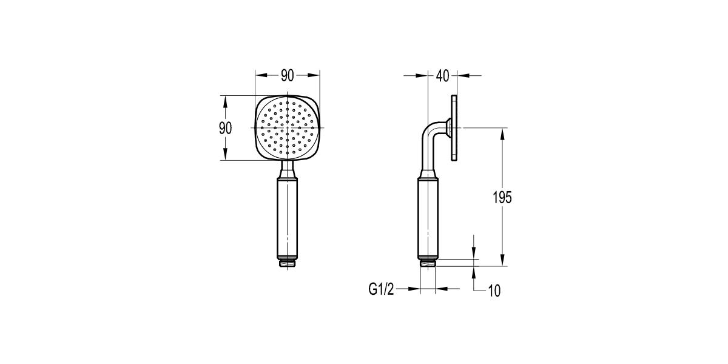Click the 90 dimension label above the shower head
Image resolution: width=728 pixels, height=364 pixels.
click(287, 76)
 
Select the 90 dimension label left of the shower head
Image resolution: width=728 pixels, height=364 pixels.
click(225, 128)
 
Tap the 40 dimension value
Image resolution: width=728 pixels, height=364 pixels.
click(442, 76)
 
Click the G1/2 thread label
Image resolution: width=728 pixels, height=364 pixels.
click(381, 290)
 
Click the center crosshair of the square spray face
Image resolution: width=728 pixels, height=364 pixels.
click(288, 128)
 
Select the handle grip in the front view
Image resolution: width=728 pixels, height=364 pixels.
click(288, 218)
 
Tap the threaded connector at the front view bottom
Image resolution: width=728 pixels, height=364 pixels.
click(288, 264)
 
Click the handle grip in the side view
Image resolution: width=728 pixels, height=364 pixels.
click(428, 218)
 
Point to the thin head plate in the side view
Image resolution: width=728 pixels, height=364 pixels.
click(454, 128)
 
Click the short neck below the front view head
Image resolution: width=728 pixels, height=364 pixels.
click(288, 169)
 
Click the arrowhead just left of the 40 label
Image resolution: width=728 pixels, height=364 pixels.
click(422, 76)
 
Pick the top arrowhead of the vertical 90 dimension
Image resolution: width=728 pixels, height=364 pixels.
click(225, 101)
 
